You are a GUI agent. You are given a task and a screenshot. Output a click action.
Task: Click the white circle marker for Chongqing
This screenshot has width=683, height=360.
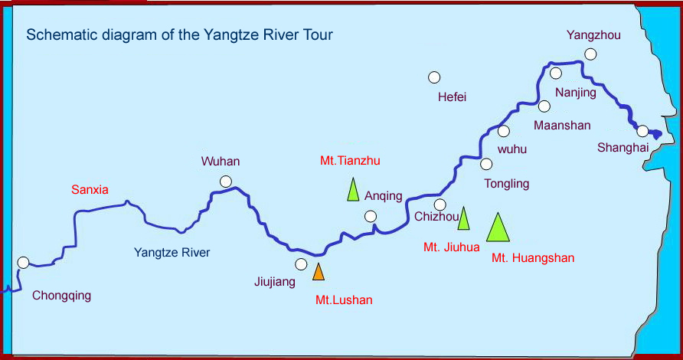[24, 263]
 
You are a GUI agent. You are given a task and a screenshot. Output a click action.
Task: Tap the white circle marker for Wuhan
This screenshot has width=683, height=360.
[226, 182]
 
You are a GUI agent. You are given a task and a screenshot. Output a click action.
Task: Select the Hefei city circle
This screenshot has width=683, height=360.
[434, 77]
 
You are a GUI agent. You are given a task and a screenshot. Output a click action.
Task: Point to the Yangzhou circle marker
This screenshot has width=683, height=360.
[590, 54]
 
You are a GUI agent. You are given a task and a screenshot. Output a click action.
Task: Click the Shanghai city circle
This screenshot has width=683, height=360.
[643, 131]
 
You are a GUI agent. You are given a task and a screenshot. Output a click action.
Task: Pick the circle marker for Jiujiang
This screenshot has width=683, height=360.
[301, 264]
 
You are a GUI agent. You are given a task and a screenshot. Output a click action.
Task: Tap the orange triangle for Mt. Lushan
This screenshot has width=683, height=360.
[319, 271]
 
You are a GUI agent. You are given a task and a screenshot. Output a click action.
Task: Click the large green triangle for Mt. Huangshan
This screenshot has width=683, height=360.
[498, 228]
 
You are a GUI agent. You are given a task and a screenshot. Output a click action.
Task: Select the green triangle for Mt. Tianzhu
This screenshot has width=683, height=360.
[353, 190]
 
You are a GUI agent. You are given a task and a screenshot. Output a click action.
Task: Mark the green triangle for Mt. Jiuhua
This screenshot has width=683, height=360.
[463, 219]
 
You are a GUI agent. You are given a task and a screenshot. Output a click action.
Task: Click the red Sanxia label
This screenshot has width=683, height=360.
[90, 189]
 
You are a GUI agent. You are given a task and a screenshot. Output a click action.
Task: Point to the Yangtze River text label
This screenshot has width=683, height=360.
[172, 252]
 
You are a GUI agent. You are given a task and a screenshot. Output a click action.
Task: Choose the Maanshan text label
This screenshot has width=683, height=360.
[563, 125]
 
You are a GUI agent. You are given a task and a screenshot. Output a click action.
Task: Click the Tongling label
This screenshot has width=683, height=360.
[507, 184]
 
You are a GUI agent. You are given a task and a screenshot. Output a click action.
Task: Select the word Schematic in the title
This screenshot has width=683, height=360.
[56, 35]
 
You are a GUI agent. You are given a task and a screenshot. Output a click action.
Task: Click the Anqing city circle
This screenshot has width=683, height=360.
[371, 217]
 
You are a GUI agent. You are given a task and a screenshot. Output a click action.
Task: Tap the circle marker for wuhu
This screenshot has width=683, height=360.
[504, 131]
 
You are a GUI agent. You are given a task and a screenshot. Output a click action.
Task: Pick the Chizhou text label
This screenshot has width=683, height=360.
[436, 217]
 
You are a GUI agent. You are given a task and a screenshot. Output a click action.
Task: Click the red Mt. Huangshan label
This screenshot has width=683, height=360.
[533, 258]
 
